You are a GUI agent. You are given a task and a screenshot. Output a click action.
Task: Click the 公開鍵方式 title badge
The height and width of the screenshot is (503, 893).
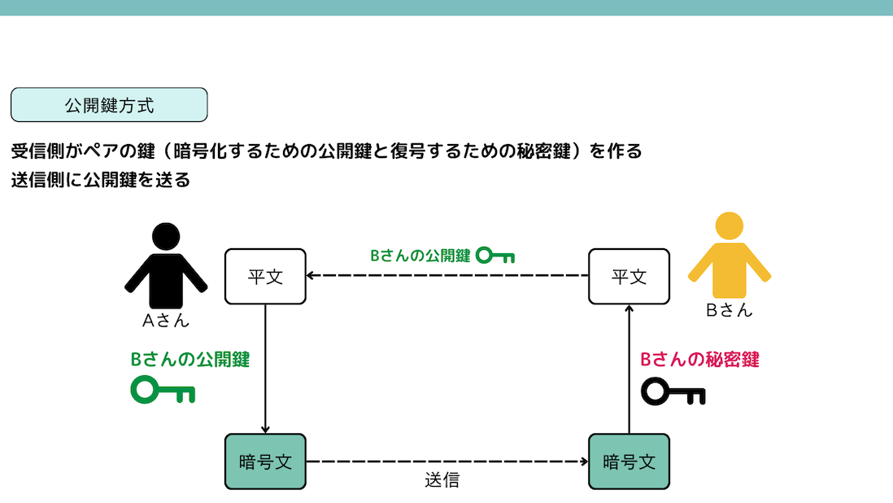[x=109, y=105]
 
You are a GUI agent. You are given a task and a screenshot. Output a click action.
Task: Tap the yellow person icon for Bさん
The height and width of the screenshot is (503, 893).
[x=729, y=256]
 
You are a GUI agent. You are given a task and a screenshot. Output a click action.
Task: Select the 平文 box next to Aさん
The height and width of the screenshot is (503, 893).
[x=265, y=277]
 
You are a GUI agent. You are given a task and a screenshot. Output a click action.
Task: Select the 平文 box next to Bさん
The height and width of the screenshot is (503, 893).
[x=629, y=277]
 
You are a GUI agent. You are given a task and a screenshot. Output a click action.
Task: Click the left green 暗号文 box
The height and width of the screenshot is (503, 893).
[x=265, y=461]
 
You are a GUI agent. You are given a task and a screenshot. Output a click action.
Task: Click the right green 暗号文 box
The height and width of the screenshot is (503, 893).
[x=629, y=461]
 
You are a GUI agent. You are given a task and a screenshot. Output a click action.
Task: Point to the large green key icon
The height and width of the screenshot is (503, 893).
[x=163, y=391]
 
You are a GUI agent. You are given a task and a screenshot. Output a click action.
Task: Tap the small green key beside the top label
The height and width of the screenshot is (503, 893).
[x=494, y=256]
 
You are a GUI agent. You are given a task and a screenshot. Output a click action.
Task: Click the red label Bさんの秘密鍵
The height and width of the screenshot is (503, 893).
[x=699, y=360]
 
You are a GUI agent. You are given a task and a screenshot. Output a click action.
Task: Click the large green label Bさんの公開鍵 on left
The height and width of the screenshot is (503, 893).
[x=190, y=360]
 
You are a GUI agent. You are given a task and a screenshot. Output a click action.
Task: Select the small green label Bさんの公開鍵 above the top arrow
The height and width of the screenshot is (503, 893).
[x=420, y=256]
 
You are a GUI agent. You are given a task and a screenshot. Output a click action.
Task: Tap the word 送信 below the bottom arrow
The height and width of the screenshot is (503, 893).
[x=442, y=480]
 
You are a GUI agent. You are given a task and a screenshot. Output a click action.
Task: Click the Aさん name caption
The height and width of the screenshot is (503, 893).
[x=166, y=320]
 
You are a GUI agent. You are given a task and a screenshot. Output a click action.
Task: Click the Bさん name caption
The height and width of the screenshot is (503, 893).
[x=729, y=310]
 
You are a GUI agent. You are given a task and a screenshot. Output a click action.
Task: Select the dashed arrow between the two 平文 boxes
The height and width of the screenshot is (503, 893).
[x=447, y=276]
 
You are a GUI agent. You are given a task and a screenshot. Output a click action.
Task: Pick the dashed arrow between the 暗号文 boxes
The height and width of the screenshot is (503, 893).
[x=447, y=461]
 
